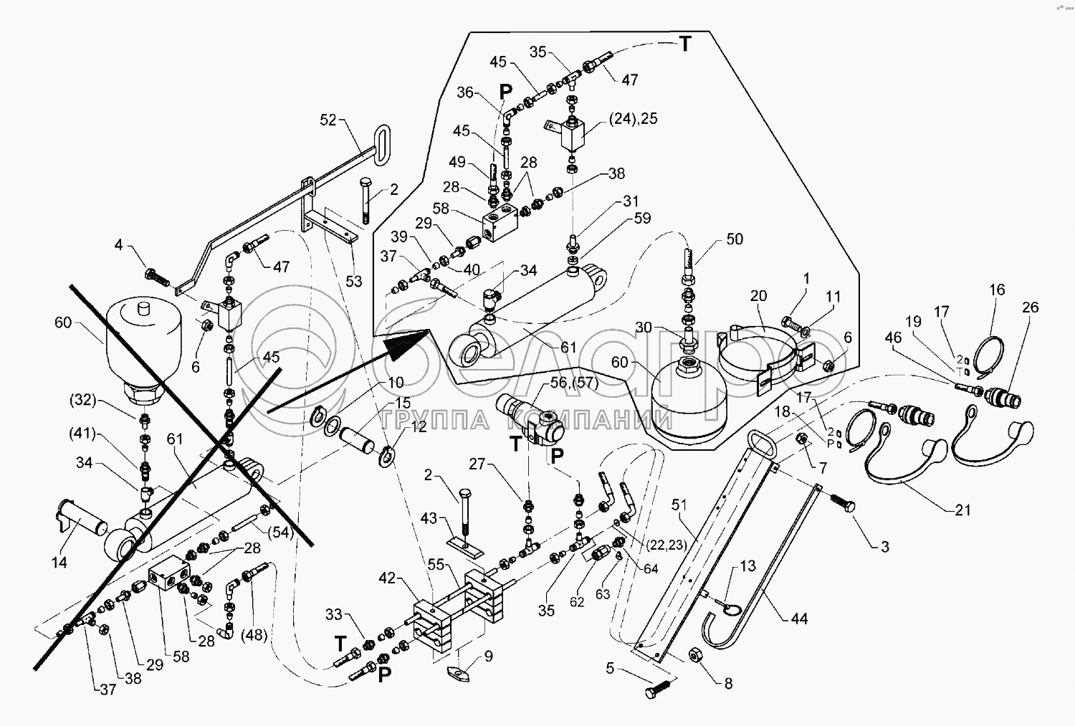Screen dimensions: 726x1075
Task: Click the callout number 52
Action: pyautogui.click(x=328, y=120)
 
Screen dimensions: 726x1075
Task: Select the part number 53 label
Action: pyautogui.click(x=354, y=282)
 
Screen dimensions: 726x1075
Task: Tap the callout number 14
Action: pyautogui.click(x=59, y=563)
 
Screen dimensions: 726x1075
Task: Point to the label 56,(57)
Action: pyautogui.click(x=573, y=383)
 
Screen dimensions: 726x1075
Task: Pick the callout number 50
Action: pyautogui.click(x=735, y=239)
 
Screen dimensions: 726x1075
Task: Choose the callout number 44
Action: pyautogui.click(x=799, y=618)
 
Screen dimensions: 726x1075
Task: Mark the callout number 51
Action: pyautogui.click(x=679, y=505)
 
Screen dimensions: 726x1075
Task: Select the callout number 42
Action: pyautogui.click(x=387, y=578)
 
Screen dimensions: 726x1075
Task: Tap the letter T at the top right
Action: pyautogui.click(x=686, y=44)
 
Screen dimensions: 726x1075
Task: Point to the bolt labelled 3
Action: pyautogui.click(x=844, y=504)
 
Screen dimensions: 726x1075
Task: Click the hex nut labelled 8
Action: pyautogui.click(x=694, y=655)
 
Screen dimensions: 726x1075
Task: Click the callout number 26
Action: pyautogui.click(x=1030, y=308)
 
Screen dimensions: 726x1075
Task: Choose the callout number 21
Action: pyautogui.click(x=962, y=510)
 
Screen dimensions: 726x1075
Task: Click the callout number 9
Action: pyautogui.click(x=488, y=656)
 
